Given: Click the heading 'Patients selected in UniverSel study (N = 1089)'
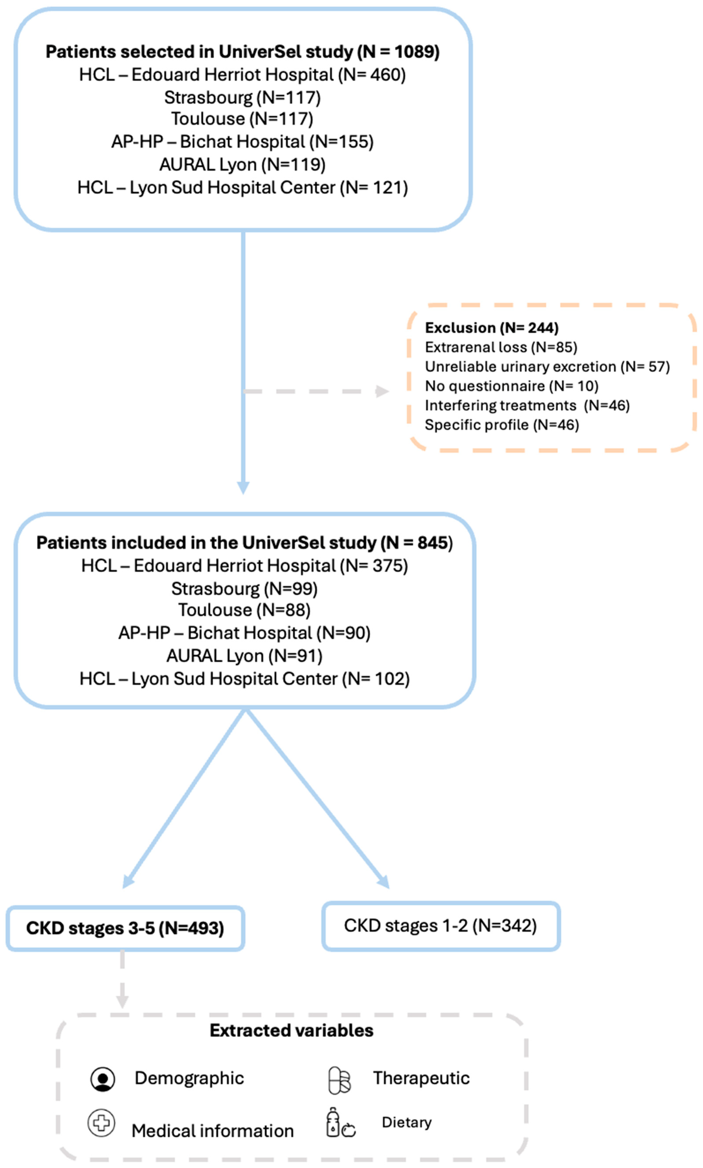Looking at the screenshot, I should (x=242, y=52).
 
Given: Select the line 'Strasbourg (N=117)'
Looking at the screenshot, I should (x=242, y=97).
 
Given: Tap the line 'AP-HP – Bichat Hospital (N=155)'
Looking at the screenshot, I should (x=242, y=142).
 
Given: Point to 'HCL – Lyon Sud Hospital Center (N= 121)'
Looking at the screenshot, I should (x=242, y=188).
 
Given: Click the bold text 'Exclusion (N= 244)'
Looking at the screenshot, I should (x=491, y=328).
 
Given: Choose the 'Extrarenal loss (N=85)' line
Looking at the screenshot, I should (x=501, y=347).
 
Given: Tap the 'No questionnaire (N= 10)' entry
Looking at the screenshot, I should (x=511, y=386).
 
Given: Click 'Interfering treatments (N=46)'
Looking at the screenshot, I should (x=527, y=405).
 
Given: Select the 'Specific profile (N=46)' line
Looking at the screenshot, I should (x=502, y=425).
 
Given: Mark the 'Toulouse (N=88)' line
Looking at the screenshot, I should (x=244, y=610).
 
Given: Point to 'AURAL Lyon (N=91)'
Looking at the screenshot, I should (x=244, y=656).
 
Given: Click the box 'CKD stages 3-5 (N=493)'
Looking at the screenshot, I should (x=125, y=928).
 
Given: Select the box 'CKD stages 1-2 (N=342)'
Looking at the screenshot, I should (x=441, y=926).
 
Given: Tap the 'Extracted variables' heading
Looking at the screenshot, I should (x=291, y=1031).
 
